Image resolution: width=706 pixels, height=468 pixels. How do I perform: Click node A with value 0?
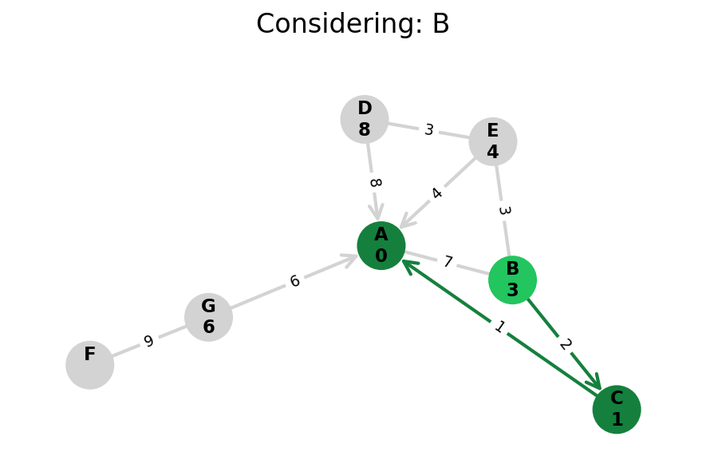pyautogui.click(x=381, y=245)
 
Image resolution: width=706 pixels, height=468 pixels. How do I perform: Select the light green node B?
pyautogui.click(x=512, y=280)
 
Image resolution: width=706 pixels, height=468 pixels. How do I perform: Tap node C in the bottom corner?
pyautogui.click(x=617, y=409)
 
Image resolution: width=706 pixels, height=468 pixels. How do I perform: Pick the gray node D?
pyautogui.click(x=365, y=119)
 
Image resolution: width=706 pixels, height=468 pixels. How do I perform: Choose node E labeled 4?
pyautogui.click(x=493, y=141)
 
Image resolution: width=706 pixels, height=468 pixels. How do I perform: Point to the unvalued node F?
pyautogui.click(x=90, y=365)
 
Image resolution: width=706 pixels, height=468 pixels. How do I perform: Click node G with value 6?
pyautogui.click(x=208, y=317)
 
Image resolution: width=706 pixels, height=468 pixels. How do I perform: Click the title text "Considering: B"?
pyautogui.click(x=353, y=25)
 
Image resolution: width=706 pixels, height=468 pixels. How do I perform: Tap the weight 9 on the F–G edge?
pyautogui.click(x=148, y=342)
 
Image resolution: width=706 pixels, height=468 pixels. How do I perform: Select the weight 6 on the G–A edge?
pyautogui.click(x=294, y=281)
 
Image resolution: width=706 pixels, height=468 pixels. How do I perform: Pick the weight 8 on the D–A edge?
pyautogui.click(x=374, y=183)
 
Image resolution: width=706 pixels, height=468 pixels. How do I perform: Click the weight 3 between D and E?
pyautogui.click(x=429, y=130)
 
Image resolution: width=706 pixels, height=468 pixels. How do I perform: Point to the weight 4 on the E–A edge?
pyautogui.click(x=436, y=193)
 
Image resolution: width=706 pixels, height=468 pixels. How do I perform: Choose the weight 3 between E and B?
pyautogui.click(x=503, y=211)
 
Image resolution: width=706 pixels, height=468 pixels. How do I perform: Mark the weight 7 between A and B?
pyautogui.click(x=448, y=262)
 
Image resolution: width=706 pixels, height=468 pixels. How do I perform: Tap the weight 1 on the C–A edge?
pyautogui.click(x=499, y=327)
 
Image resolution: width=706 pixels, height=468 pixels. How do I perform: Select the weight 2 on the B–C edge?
pyautogui.click(x=565, y=344)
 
